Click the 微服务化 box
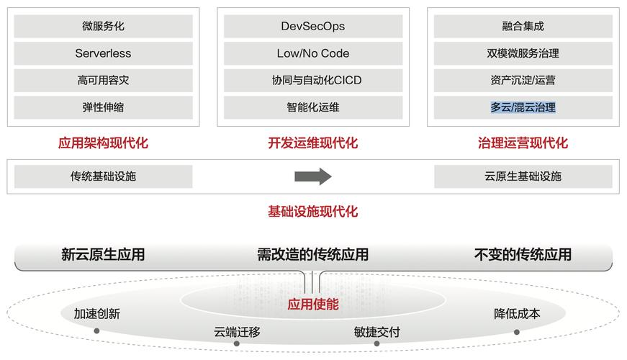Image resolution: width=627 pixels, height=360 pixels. [103, 27]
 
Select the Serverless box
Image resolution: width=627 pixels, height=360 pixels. [103, 53]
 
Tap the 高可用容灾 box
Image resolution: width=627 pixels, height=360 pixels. [103, 81]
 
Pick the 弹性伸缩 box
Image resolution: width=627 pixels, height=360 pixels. [103, 107]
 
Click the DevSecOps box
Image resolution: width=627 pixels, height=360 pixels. [312, 27]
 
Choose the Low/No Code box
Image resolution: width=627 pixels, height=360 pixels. [312, 53]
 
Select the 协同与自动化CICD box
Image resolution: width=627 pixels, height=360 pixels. [312, 81]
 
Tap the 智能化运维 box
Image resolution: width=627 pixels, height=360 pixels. [312, 107]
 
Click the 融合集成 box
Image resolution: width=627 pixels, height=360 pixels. [523, 27]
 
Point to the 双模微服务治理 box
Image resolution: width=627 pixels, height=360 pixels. [523, 53]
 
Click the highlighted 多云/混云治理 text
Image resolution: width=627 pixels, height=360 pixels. [523, 107]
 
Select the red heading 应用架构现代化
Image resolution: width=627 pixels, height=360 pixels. [103, 143]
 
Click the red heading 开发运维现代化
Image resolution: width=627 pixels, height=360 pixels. [312, 143]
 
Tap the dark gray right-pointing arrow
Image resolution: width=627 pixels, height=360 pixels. [312, 176]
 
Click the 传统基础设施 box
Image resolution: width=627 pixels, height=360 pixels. [103, 176]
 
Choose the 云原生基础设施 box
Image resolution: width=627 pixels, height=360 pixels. [523, 176]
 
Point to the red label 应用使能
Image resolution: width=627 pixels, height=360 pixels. [312, 305]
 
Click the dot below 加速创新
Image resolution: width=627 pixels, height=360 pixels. [96, 331]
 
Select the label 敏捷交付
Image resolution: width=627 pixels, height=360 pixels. [376, 332]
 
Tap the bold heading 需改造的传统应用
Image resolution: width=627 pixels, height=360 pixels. [312, 254]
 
